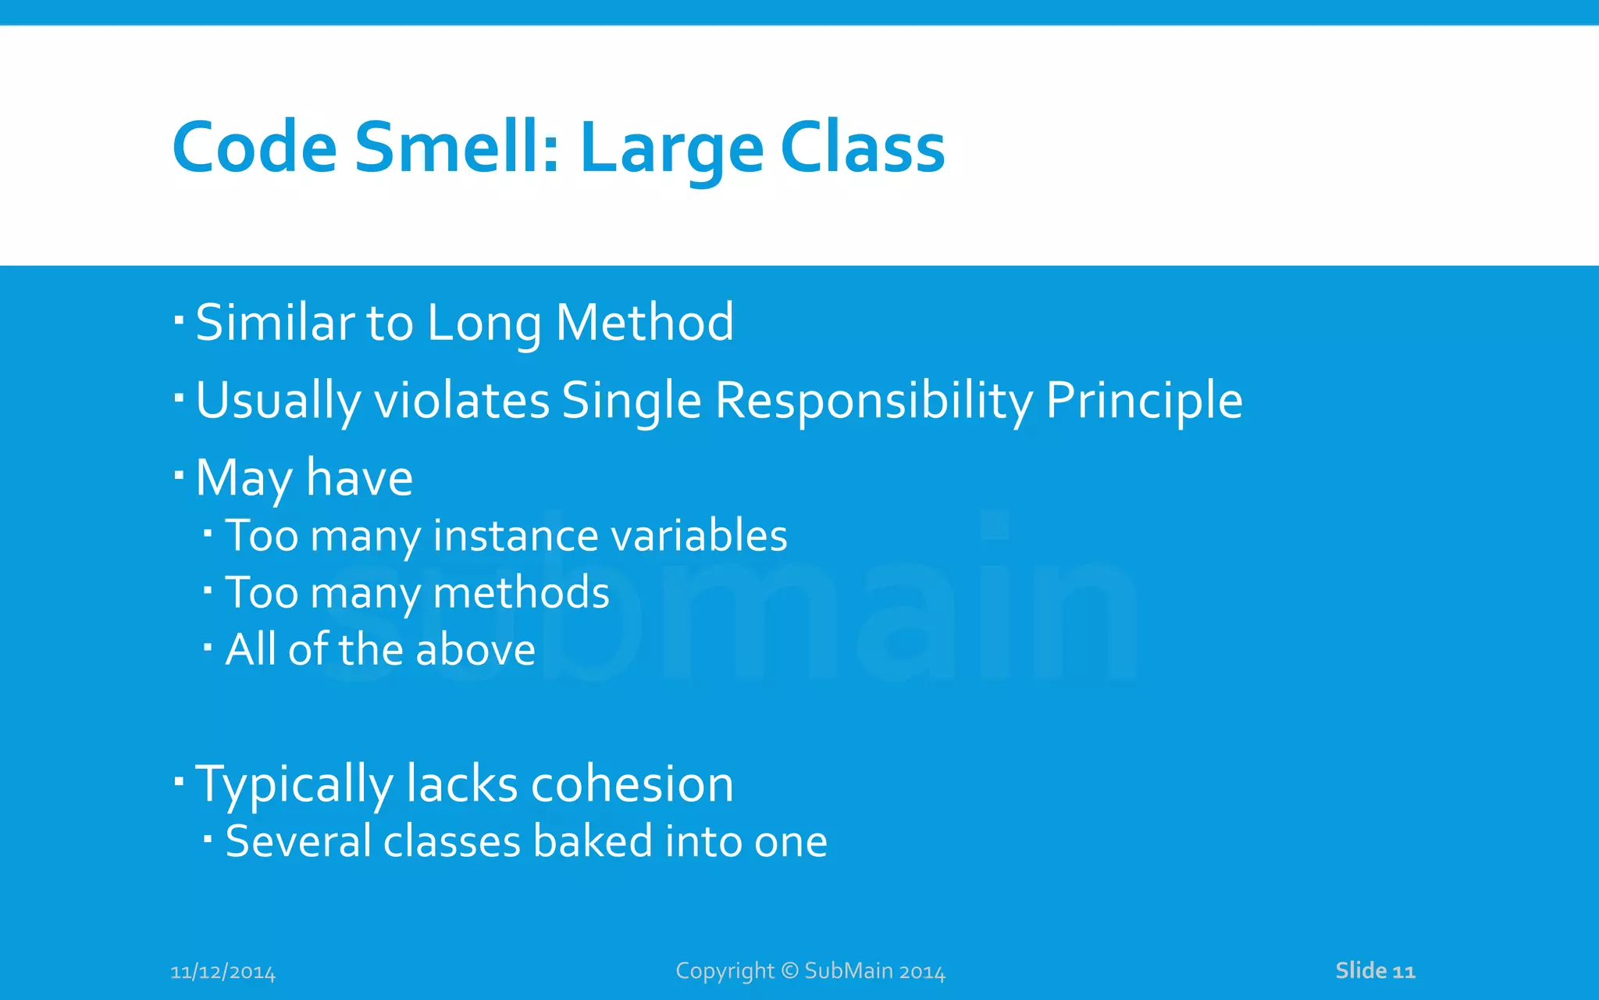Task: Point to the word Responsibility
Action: (x=874, y=402)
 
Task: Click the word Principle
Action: (x=1143, y=402)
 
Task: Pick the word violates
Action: (x=462, y=400)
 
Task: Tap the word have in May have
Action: (x=359, y=478)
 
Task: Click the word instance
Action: (x=515, y=536)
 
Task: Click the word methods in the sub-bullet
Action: (x=521, y=592)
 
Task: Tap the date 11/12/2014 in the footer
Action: (x=223, y=972)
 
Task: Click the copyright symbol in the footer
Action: (x=789, y=970)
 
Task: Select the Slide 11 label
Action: (x=1375, y=971)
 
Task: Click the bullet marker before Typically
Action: (x=179, y=780)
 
